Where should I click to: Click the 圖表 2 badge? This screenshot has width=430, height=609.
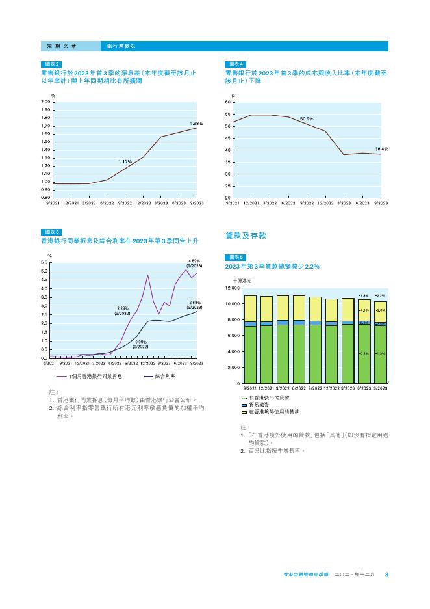click(51, 64)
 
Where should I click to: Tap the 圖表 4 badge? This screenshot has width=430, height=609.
click(234, 64)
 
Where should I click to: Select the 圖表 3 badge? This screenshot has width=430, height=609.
click(51, 232)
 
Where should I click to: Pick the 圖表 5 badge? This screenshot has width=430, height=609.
click(234, 257)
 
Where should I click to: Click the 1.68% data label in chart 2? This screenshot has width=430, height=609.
click(196, 123)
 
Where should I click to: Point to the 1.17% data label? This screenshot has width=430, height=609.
click(125, 161)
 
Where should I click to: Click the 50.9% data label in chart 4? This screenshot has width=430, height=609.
click(307, 118)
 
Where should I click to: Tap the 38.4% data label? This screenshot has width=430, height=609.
click(381, 148)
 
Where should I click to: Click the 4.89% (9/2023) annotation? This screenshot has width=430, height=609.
click(194, 264)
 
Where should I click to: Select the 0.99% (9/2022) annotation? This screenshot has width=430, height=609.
click(141, 344)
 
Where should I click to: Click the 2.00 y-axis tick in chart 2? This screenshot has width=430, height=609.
click(45, 103)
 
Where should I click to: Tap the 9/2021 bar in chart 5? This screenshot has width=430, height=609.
click(250, 338)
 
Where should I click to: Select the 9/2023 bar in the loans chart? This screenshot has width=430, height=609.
click(381, 342)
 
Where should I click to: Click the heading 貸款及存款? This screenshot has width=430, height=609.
click(246, 236)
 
